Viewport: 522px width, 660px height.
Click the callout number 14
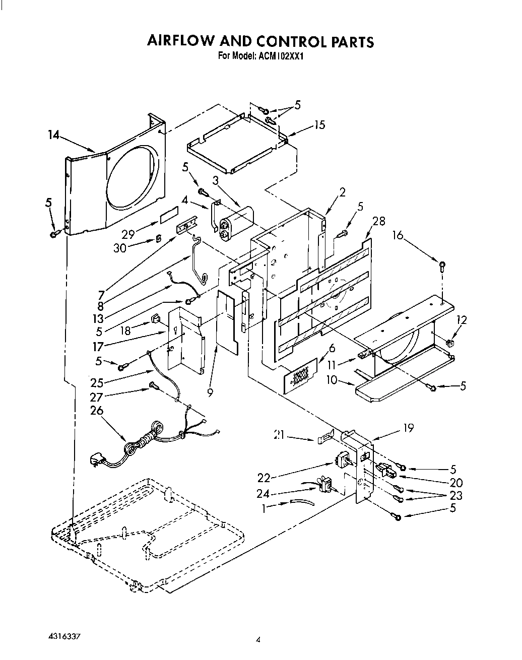point(53,135)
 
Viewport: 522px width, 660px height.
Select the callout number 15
point(319,125)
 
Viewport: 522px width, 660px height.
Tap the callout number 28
point(378,220)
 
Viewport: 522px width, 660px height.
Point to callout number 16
point(398,235)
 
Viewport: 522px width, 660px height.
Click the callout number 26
point(96,411)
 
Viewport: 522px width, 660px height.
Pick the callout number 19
point(408,428)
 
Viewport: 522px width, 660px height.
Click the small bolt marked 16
point(442,265)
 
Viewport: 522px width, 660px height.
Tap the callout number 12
point(461,319)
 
